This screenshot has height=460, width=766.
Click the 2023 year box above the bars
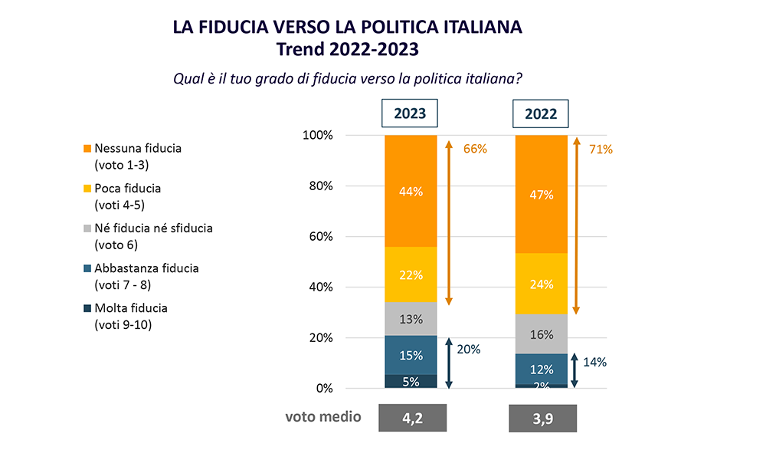coord(411,114)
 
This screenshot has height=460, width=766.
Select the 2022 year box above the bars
coord(541,114)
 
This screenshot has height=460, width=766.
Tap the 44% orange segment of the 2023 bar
coord(411,192)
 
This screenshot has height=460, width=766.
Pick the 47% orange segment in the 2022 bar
coord(541,195)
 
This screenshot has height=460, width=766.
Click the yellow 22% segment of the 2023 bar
coord(411,274)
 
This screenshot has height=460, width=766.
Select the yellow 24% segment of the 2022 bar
coord(541,284)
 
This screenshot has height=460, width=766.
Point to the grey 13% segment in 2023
coord(411,320)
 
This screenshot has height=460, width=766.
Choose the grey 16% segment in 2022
coord(541,334)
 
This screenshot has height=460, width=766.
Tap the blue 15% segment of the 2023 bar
coord(411,355)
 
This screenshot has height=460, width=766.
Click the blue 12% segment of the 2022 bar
coord(541,369)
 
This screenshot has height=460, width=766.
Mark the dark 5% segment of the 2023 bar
coord(411,381)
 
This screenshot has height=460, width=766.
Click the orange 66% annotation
coord(475,149)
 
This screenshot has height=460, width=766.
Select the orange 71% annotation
coord(601,149)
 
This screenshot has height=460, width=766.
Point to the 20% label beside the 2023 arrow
coord(468,349)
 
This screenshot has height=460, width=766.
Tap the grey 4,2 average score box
coord(412,419)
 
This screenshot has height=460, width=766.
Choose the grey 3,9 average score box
coord(542,419)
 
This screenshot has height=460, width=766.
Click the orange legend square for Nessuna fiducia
coord(87,148)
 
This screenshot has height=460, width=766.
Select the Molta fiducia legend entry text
coord(130,308)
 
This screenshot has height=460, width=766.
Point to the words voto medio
coord(322,417)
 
